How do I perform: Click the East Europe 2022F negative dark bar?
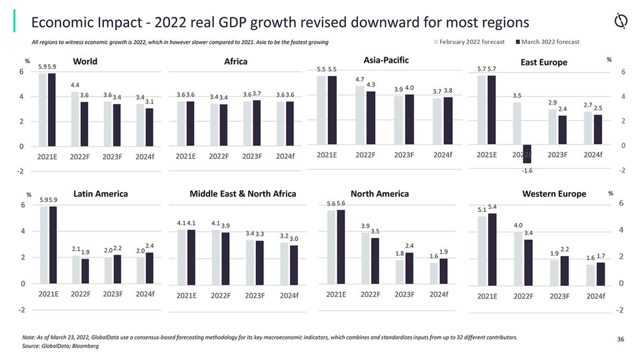(527, 154)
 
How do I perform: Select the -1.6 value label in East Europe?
(527, 171)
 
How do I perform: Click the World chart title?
(85, 61)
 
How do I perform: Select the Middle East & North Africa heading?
(243, 194)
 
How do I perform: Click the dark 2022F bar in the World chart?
(85, 124)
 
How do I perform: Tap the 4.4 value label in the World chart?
(75, 85)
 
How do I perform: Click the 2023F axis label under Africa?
(252, 156)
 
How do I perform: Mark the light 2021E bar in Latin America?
(44, 245)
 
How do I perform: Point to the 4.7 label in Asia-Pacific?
(360, 79)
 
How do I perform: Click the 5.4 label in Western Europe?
(493, 207)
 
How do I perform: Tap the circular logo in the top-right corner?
(620, 22)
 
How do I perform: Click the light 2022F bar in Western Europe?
(517, 257)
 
